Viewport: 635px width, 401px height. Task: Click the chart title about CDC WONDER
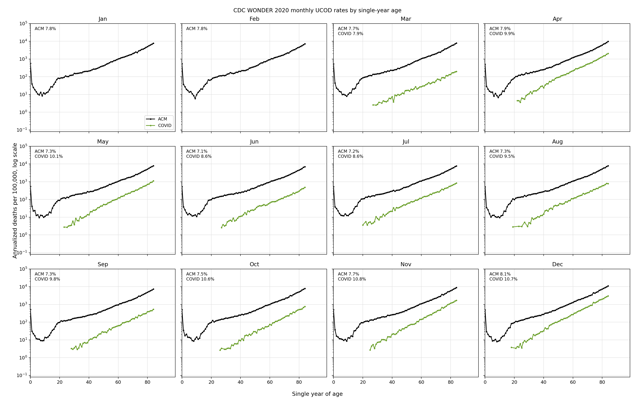[x=317, y=10]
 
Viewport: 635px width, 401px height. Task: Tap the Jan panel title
[x=102, y=19]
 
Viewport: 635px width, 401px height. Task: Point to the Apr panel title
[x=557, y=19]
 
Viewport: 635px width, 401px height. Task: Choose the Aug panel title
[x=557, y=142]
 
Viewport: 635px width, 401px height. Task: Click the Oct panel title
[x=254, y=264]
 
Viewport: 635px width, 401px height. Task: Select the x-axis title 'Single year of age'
[x=317, y=394]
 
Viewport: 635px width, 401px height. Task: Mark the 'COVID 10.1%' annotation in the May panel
[x=49, y=156]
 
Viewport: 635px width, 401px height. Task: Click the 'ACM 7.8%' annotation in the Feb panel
[x=197, y=29]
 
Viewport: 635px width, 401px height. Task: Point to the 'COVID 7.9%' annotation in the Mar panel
[x=351, y=34]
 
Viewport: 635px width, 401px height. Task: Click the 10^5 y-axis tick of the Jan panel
[x=23, y=23]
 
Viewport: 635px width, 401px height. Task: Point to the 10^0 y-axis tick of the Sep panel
[x=23, y=358]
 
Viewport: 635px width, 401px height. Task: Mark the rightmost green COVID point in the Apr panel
[x=608, y=53]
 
